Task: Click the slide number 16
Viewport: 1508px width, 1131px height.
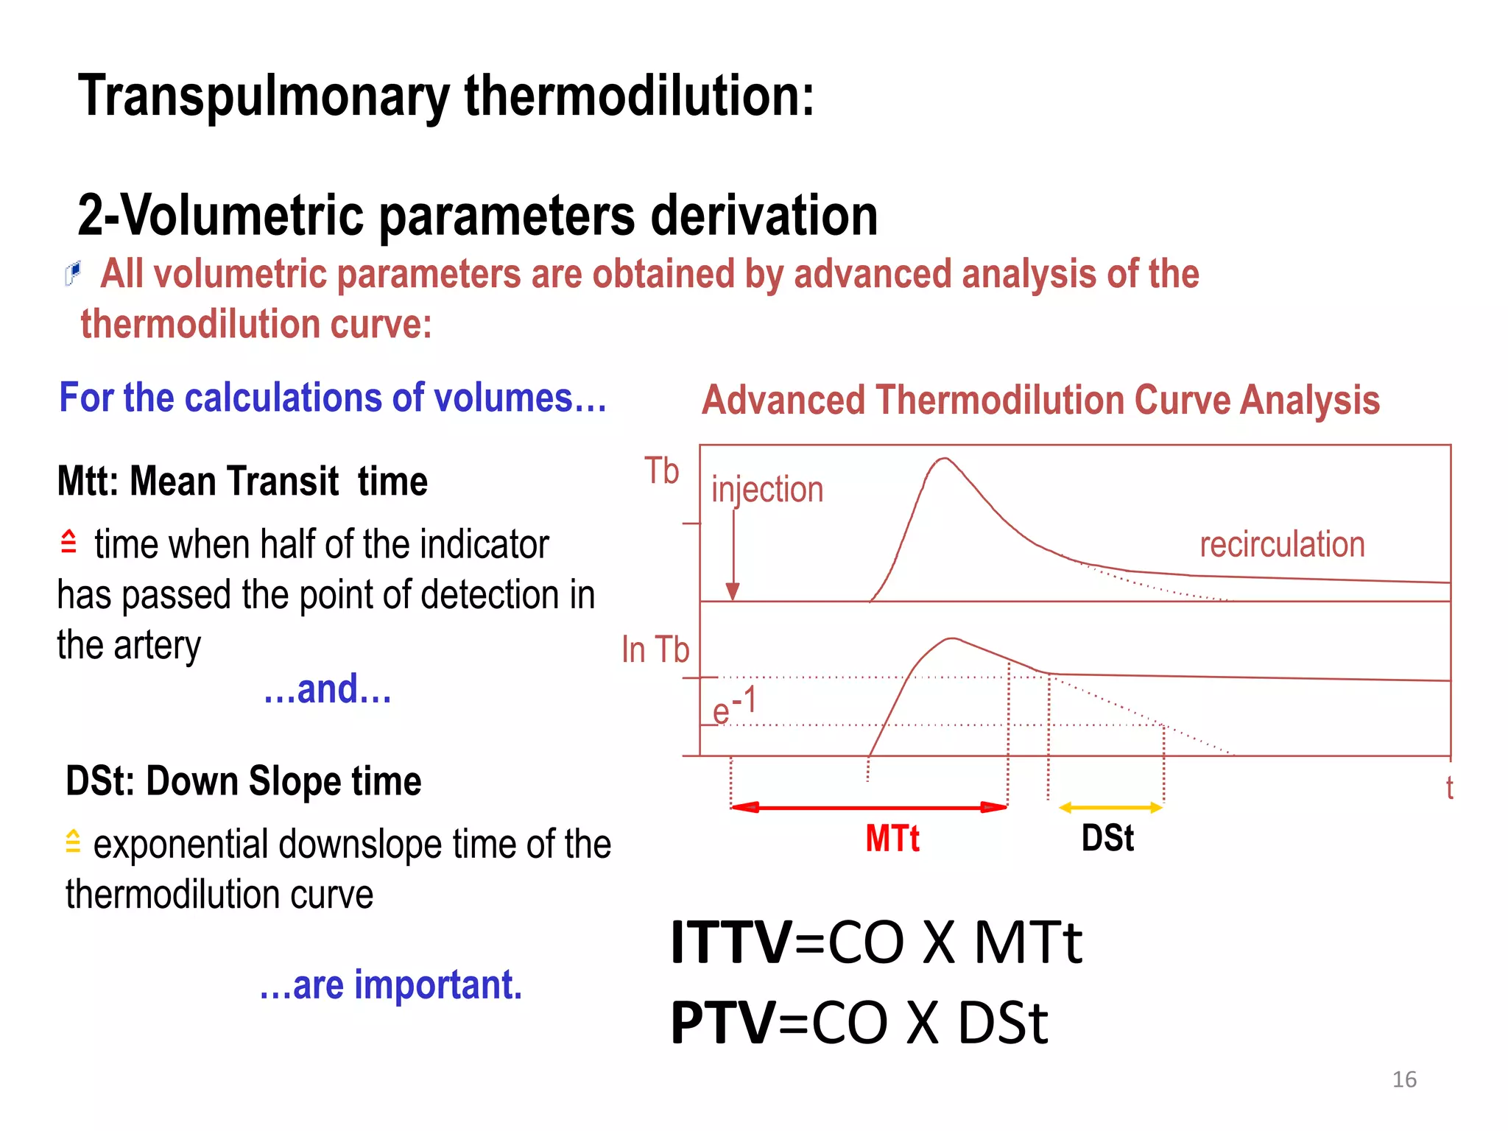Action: point(1404,1079)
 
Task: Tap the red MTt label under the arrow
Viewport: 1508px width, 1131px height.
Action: point(892,839)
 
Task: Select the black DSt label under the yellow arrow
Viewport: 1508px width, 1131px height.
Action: point(1107,839)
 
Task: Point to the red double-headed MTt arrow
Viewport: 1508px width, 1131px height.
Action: point(869,808)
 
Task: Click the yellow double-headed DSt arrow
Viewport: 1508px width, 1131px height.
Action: point(1110,808)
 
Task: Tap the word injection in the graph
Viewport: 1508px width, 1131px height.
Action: point(767,490)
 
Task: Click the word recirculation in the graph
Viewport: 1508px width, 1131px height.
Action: point(1282,545)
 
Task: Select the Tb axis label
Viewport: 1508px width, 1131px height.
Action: point(661,471)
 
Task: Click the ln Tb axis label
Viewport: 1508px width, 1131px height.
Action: point(655,650)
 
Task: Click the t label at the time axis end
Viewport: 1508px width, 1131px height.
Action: point(1449,789)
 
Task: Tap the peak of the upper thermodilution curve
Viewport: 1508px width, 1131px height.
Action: point(944,459)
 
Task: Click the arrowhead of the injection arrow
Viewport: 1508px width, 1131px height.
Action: point(733,591)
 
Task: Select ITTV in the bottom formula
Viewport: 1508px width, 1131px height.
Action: point(731,942)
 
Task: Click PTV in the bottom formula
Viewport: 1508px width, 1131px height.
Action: point(722,1023)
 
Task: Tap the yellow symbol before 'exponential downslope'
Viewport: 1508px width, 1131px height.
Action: point(72,841)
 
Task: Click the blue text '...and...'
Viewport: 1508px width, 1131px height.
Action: point(328,690)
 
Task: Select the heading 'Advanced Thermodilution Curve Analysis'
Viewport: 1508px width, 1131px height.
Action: point(1040,401)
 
